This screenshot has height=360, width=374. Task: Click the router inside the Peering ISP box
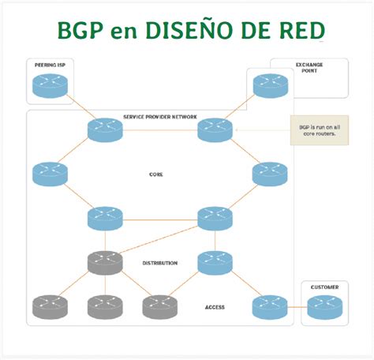click(51, 85)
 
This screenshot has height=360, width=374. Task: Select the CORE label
click(156, 174)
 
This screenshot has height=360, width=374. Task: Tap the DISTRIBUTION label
click(160, 263)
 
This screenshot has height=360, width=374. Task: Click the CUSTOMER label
click(325, 288)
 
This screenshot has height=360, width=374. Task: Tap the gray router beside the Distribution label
click(105, 263)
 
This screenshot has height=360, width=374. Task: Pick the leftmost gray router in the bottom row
click(50, 306)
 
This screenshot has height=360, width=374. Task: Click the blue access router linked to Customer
click(269, 306)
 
